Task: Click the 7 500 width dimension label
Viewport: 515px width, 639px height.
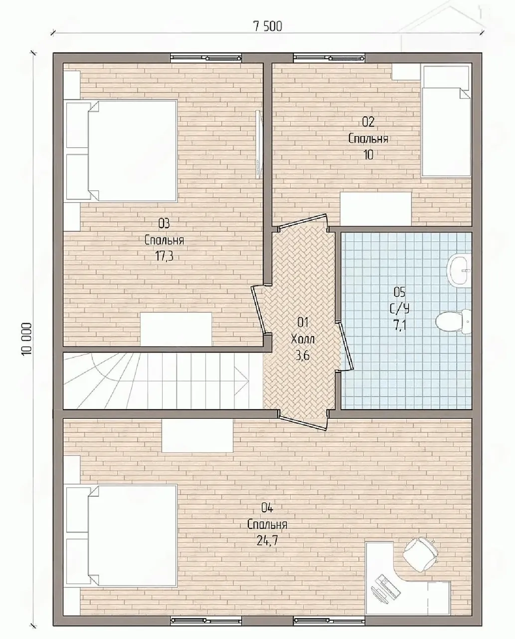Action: pyautogui.click(x=268, y=26)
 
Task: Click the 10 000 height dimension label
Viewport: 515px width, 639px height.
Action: pyautogui.click(x=26, y=339)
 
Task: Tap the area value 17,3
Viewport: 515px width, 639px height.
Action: pyautogui.click(x=164, y=257)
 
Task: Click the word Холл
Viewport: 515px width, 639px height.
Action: pyautogui.click(x=303, y=339)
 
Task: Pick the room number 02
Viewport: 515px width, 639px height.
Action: pyautogui.click(x=368, y=122)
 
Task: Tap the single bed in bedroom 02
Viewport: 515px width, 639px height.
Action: pyautogui.click(x=446, y=121)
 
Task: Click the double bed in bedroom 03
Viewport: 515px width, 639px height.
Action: pyautogui.click(x=132, y=151)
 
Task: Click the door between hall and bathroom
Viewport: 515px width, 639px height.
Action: pyautogui.click(x=346, y=346)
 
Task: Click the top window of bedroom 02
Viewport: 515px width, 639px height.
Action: pyautogui.click(x=329, y=57)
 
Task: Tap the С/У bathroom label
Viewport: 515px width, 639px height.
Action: pyautogui.click(x=399, y=309)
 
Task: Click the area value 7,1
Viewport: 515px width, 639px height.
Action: pyautogui.click(x=399, y=324)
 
